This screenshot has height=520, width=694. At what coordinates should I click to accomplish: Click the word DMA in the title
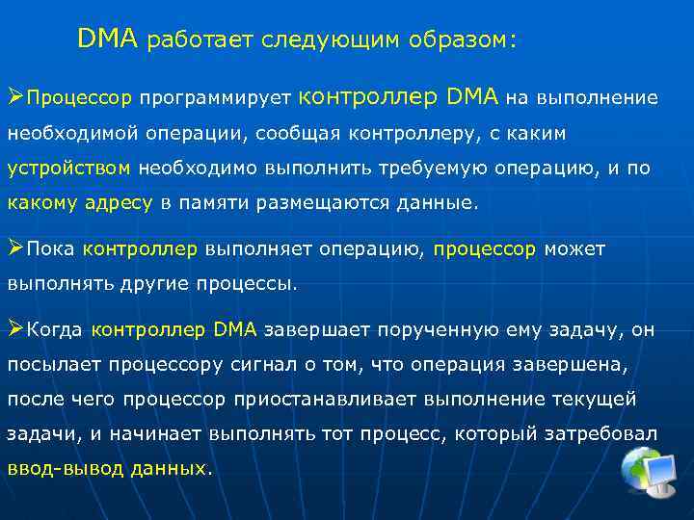coord(108,39)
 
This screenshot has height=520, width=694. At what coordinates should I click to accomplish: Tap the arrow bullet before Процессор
coord(15,97)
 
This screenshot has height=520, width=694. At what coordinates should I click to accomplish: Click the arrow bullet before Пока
coord(15,248)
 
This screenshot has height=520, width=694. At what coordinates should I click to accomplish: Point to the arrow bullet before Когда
coord(15,329)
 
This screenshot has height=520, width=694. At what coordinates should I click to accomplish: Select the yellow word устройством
coord(68,168)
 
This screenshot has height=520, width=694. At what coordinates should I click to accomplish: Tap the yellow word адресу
coord(120,203)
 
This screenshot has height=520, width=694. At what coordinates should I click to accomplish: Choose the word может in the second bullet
coord(574,249)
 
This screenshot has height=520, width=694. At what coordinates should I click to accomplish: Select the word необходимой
coord(70,133)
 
